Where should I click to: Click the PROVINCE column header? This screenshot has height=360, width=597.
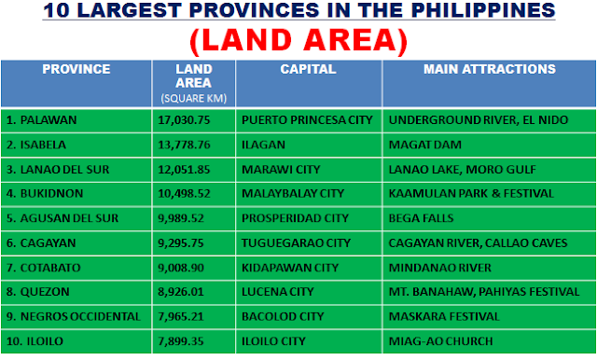pos(76,70)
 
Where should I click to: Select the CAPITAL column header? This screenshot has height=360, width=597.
pos(308,70)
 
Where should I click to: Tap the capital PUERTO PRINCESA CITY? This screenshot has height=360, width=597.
pos(306,120)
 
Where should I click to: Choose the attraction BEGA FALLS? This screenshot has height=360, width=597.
pos(421,217)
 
